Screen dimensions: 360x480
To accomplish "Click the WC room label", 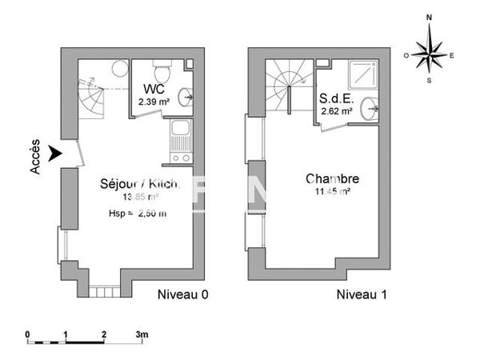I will pos(154,88).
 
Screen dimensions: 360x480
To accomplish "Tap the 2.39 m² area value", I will pos(153,102).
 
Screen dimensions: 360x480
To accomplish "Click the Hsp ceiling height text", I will pos(138,214).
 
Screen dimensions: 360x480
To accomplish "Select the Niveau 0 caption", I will pos(182,294).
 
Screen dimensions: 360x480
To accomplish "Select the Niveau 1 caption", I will pos(361,294).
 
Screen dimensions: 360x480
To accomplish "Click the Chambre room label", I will pos(332,179).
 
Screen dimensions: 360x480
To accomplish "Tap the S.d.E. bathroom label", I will pos(336,99).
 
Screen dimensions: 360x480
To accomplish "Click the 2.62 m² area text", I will pos(337,112).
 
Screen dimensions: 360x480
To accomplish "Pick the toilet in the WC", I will pos(162,65).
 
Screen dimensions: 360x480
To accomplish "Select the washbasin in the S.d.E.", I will pos(371,106).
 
